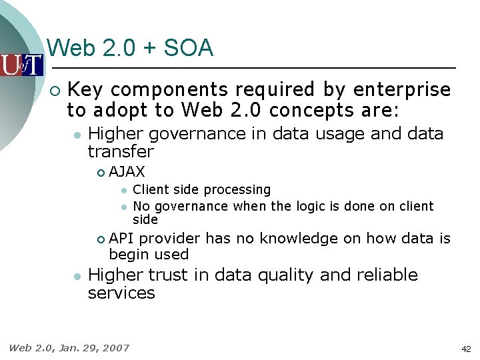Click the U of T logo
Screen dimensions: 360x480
click(x=21, y=65)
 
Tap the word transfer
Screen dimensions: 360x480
click(x=121, y=151)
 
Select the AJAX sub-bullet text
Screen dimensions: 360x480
click(x=127, y=172)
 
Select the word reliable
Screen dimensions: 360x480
click(x=381, y=275)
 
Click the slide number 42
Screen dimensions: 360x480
click(x=465, y=349)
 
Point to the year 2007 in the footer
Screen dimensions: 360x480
click(x=116, y=347)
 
